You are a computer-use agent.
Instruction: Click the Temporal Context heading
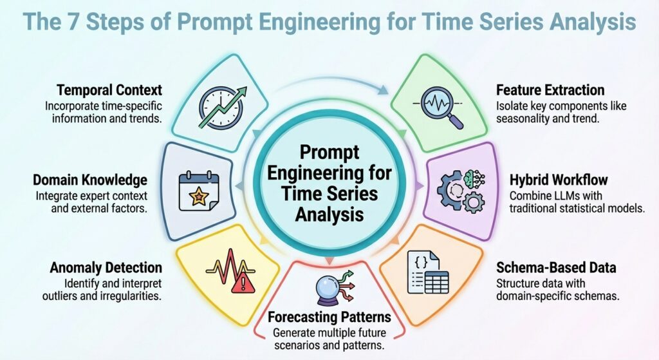pos(109,90)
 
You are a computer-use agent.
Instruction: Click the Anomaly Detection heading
pos(106,267)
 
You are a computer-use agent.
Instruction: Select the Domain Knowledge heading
pos(99,180)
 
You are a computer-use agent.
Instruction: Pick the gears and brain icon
pos(461,187)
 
